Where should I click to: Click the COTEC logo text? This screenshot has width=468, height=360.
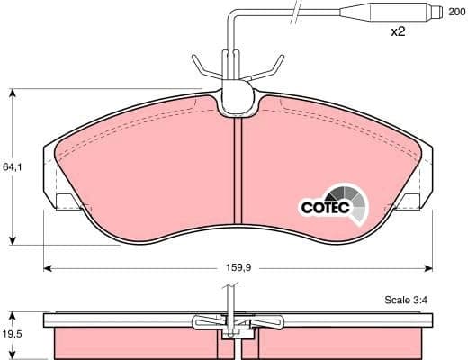(320, 206)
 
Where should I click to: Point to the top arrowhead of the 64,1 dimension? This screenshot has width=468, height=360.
(13, 93)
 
